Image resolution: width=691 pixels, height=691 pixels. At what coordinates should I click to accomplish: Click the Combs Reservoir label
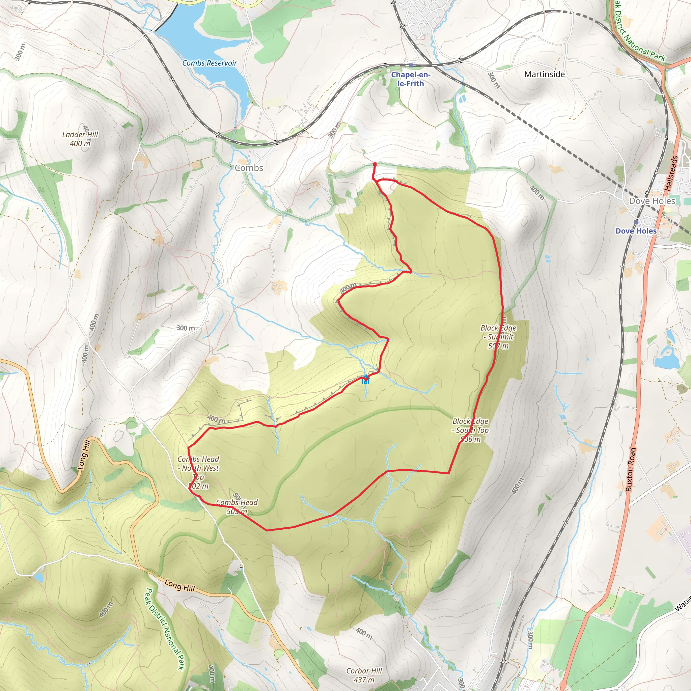[x=210, y=63]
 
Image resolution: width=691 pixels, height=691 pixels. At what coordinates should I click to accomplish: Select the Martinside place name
[x=544, y=74]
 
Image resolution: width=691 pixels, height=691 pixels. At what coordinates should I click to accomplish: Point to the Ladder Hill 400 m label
[x=80, y=139]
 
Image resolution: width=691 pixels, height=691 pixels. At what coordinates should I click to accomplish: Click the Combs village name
[x=249, y=168]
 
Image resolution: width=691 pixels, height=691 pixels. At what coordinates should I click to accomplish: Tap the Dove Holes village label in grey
[x=652, y=201]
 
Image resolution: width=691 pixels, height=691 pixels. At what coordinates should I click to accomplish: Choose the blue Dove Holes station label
[x=636, y=231]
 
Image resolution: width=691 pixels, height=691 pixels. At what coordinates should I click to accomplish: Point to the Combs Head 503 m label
[x=237, y=507]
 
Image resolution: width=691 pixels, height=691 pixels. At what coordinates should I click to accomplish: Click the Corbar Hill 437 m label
[x=364, y=675]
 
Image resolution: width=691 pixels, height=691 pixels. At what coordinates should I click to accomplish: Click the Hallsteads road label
[x=671, y=173]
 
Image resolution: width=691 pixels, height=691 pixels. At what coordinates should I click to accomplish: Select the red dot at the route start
[x=375, y=164]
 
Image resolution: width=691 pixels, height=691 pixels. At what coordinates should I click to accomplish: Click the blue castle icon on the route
[x=365, y=380]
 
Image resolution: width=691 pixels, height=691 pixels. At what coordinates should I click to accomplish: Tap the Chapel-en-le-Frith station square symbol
[x=411, y=65]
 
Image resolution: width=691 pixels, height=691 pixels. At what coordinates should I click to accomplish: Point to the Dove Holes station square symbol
[x=636, y=222]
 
